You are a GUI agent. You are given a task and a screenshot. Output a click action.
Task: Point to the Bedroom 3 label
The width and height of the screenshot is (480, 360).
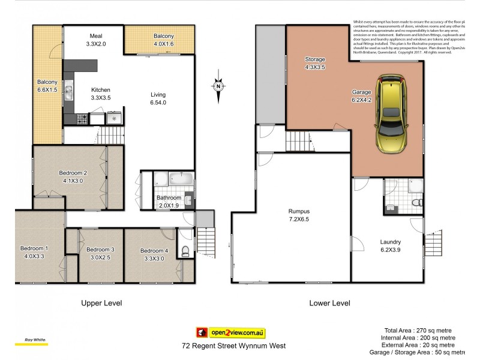(x=100, y=254)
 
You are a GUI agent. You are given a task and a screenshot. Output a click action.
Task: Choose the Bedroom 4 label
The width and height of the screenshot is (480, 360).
(x=154, y=254)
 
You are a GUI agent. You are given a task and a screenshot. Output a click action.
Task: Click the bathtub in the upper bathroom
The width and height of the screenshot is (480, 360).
(x=179, y=179)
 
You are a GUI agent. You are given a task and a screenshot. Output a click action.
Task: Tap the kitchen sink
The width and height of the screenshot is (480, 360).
(x=68, y=92)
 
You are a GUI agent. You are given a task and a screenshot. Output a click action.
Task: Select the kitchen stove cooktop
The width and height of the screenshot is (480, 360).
(x=83, y=119)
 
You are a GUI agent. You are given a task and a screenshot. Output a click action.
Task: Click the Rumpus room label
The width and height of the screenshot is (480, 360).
(x=298, y=215)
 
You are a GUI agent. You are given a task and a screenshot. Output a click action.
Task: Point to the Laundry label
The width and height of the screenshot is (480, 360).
(x=391, y=247)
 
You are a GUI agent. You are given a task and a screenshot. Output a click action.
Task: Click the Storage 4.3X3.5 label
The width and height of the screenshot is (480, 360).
(x=315, y=64)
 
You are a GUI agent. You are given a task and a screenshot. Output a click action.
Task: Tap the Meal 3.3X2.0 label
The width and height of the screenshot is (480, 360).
(x=96, y=40)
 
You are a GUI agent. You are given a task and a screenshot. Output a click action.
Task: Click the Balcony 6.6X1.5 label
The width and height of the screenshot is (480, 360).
(x=47, y=86)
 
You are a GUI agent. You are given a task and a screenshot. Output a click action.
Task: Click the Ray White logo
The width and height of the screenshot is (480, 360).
(x=31, y=343)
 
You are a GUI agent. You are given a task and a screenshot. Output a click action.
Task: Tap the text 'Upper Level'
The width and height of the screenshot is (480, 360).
(x=101, y=303)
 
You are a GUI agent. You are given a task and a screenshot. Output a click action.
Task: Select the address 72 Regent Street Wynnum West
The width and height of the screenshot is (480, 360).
(x=233, y=346)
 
